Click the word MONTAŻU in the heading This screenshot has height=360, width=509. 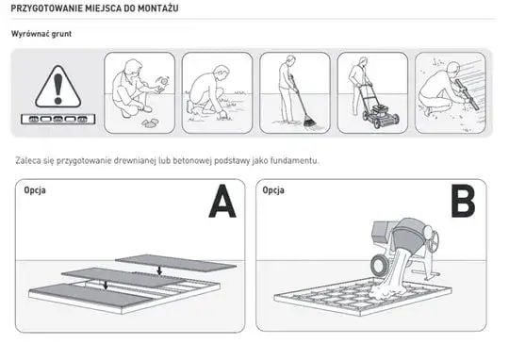[x=158, y=8]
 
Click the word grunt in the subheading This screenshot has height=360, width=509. [x=61, y=34]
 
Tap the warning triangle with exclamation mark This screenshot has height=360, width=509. [x=57, y=87]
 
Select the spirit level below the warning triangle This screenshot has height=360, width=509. [x=57, y=119]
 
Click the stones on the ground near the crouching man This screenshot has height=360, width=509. [x=150, y=123]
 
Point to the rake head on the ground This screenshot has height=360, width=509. [x=310, y=123]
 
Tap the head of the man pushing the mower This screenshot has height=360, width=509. [x=363, y=61]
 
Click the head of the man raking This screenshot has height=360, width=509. [x=291, y=60]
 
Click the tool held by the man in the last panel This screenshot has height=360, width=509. [x=467, y=93]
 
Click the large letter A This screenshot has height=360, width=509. [x=222, y=202]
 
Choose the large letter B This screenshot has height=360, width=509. [x=463, y=201]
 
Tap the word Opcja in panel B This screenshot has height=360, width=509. [x=273, y=190]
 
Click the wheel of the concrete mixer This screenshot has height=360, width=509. [x=379, y=264]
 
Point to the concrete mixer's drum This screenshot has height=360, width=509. [x=411, y=236]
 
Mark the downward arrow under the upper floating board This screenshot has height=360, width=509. [x=159, y=270]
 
